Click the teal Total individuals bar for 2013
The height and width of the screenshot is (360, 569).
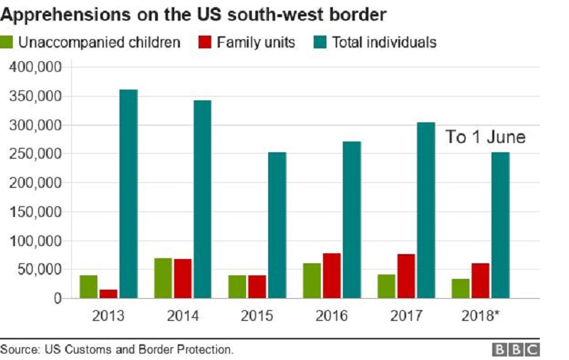129,194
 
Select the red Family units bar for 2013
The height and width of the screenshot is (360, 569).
109,294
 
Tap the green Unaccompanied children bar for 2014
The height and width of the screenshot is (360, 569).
163,278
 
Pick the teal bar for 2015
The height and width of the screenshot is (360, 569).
277,226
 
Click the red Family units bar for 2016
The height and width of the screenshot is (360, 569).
331,276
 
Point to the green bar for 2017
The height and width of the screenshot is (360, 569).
386,286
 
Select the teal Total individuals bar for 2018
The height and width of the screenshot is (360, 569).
501,226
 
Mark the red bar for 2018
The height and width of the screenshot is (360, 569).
481,281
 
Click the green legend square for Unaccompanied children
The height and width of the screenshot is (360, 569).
6,42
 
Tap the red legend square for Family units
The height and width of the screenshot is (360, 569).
205,42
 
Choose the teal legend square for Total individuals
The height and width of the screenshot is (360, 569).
319,42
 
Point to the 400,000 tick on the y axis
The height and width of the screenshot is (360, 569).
36,67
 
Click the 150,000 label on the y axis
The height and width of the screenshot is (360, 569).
36,211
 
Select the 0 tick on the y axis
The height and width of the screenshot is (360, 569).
58,299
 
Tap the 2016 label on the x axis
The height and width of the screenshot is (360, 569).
331,316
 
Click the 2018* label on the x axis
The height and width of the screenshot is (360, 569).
480,316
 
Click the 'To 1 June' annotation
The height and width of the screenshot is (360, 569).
486,137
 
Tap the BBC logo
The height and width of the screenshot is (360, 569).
516,350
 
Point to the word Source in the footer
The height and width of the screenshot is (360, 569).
21,349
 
